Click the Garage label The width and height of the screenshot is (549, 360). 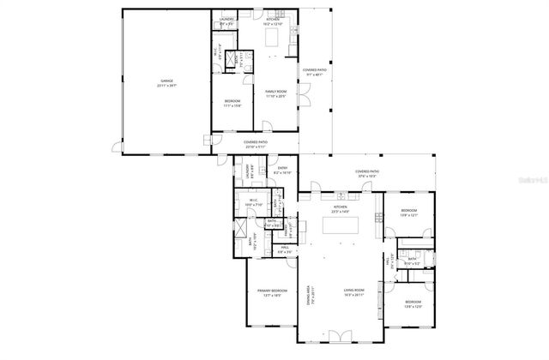(x=166, y=83)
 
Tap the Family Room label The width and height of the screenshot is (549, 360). (x=275, y=94)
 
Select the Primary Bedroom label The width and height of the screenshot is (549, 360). (x=271, y=293)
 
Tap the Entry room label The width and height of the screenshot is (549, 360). (x=282, y=171)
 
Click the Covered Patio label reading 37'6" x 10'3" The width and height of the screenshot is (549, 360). (x=368, y=173)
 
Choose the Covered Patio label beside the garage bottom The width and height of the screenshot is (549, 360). (x=256, y=144)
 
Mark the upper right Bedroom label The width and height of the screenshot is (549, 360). (x=409, y=213)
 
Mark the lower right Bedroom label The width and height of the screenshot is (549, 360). (x=413, y=304)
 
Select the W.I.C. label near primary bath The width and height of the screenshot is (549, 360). (x=254, y=204)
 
